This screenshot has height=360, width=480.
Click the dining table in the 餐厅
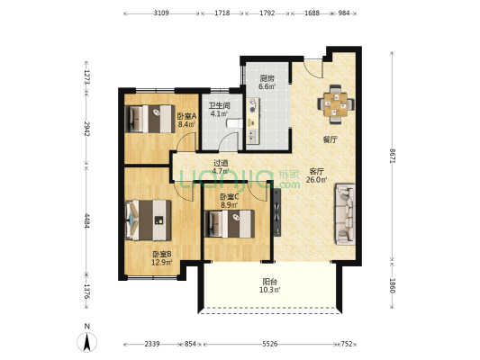click(x=336, y=104)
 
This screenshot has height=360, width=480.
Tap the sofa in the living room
click(x=345, y=214)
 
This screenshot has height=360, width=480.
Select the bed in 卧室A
click(x=149, y=119)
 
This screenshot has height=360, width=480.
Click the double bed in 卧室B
click(x=149, y=220)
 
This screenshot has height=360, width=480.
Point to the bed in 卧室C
click(x=230, y=223)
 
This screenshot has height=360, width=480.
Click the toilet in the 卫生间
click(x=234, y=123)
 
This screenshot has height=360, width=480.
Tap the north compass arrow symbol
click(x=87, y=341)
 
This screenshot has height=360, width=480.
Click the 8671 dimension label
click(x=392, y=156)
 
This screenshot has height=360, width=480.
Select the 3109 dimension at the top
click(x=161, y=13)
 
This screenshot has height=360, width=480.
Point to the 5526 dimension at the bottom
click(x=270, y=344)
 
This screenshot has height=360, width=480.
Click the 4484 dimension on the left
click(x=87, y=220)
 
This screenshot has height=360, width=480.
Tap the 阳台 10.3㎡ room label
click(x=269, y=285)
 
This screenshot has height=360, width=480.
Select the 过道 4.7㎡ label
click(x=221, y=166)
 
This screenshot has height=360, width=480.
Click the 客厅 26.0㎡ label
click(x=316, y=175)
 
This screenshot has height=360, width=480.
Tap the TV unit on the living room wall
click(x=277, y=212)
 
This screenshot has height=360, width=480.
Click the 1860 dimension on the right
click(x=392, y=285)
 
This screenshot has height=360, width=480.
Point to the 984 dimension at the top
click(x=344, y=13)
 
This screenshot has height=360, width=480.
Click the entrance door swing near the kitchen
click(x=313, y=68)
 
